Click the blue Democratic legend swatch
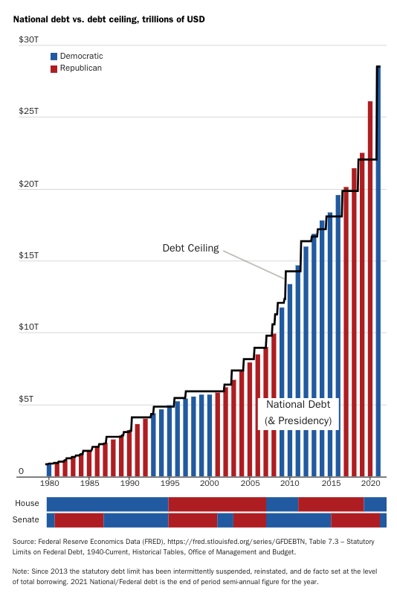coord(54,57)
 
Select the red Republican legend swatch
coord(54,68)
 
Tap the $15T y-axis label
coord(27,256)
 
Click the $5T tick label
coord(25,400)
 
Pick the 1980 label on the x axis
coord(50,483)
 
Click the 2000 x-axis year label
coord(210,483)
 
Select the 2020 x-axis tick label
coord(369,483)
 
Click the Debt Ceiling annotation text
coord(190,248)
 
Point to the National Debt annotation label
coord(298,406)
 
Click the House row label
coord(27,504)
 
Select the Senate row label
coord(27,520)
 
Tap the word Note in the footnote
coord(22,571)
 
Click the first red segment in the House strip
coord(217,504)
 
